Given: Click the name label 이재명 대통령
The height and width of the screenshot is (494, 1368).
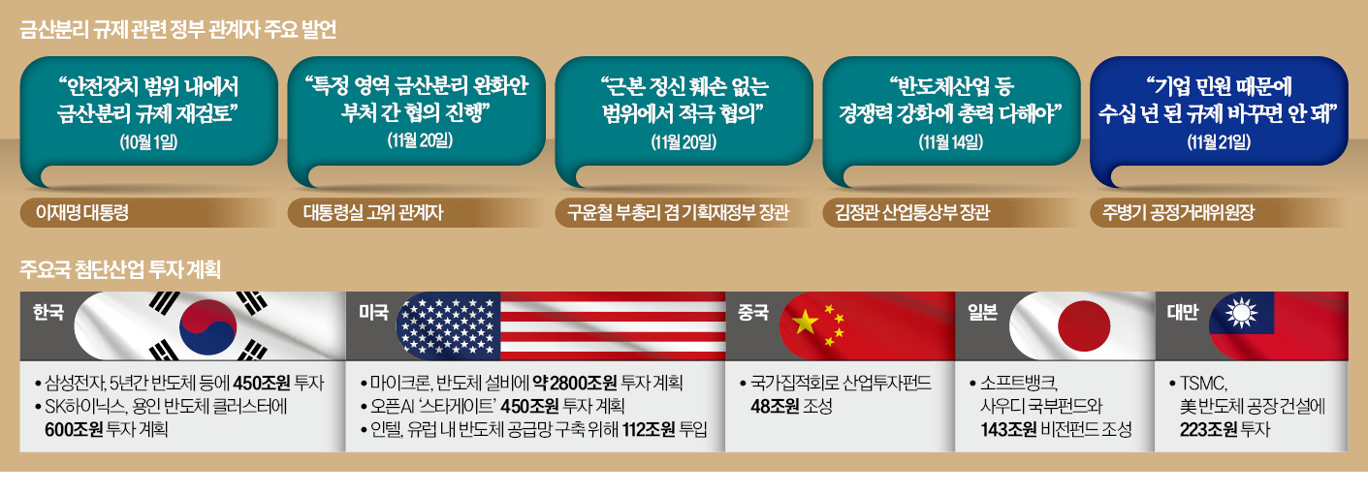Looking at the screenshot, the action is tap(82, 213).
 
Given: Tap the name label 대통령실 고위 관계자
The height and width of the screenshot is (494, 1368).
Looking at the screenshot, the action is tap(372, 213).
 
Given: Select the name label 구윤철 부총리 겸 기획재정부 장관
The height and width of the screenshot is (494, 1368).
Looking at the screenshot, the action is tap(678, 213).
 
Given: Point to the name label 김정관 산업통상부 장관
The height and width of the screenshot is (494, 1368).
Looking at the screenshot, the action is tap(911, 213).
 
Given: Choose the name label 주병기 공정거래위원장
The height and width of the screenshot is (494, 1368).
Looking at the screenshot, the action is tap(1178, 213).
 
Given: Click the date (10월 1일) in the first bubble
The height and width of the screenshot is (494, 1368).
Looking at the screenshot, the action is tap(149, 142).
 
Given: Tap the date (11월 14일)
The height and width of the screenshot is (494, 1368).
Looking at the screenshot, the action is tap(951, 142).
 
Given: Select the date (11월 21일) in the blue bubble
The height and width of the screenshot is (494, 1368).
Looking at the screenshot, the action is tap(1219, 142).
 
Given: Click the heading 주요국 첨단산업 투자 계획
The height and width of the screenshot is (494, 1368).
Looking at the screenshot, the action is tap(120, 269).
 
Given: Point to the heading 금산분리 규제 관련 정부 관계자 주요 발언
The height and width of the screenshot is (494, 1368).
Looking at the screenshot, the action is tap(177, 29).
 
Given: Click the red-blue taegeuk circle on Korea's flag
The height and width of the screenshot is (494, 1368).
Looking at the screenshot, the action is tap(208, 327).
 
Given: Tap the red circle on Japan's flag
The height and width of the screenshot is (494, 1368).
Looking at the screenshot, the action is tap(1083, 326).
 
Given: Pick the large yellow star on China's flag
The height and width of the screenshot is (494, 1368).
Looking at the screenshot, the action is tap(806, 322).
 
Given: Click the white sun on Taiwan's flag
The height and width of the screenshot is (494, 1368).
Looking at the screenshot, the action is tap(1242, 314).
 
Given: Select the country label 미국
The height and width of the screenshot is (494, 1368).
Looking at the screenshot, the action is tap(374, 312).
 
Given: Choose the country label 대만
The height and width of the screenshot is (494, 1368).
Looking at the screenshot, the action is tap(1183, 312).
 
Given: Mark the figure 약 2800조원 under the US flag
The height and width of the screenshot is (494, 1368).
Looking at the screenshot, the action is tap(574, 383).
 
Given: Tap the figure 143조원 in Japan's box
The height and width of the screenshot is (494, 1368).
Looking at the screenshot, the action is tap(1008, 429).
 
